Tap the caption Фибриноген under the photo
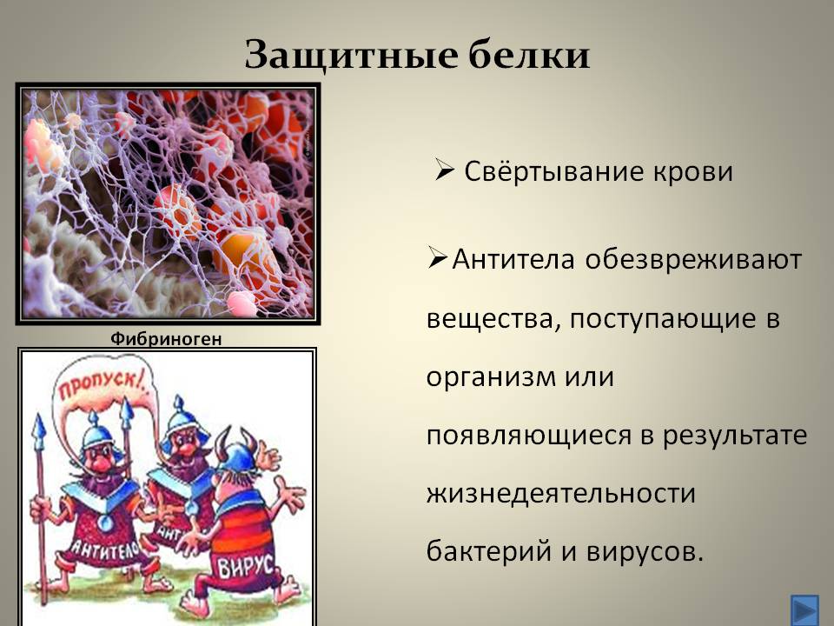166,339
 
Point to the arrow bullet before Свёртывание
445,170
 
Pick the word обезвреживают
693,260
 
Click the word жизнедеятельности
561,493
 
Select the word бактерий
489,550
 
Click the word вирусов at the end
645,551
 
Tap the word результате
735,436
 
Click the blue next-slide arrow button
804,609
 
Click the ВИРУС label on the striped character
246,566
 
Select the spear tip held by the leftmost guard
39,431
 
